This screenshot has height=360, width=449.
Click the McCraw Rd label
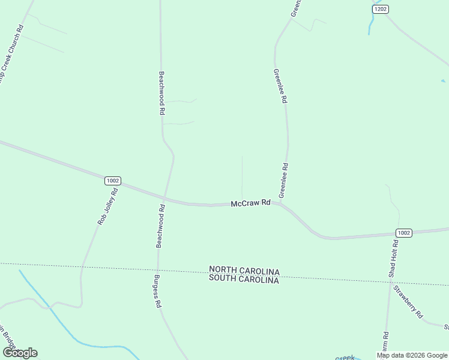(251, 204)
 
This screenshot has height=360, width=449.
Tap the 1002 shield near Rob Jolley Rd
(112, 180)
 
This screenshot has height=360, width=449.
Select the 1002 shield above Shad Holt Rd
(404, 233)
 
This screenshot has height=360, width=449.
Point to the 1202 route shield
(380, 9)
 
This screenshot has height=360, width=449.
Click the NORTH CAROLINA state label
(244, 271)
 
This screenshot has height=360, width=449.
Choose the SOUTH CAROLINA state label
(244, 280)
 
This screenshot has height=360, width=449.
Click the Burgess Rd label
(158, 291)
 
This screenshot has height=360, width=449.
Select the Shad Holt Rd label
(393, 259)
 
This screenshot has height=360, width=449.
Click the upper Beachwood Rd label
(161, 94)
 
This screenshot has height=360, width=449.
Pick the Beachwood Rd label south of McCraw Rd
(160, 226)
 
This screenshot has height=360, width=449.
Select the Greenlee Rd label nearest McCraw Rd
(285, 181)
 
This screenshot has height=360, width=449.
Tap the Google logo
(19, 353)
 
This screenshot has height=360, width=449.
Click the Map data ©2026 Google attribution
(412, 355)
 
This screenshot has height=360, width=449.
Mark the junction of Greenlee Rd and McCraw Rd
(280, 203)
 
